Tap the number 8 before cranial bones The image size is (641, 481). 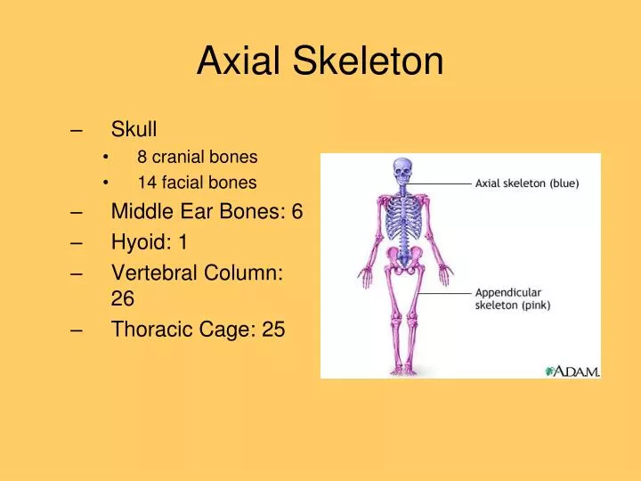click(x=142, y=158)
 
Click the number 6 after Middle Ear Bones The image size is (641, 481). click(x=297, y=211)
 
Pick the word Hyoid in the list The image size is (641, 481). click(x=140, y=242)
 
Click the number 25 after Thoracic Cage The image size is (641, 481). click(x=273, y=330)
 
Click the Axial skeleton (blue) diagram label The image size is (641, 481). click(x=526, y=184)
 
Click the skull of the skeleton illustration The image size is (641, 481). click(x=402, y=169)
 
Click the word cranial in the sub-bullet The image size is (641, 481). click(x=188, y=158)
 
